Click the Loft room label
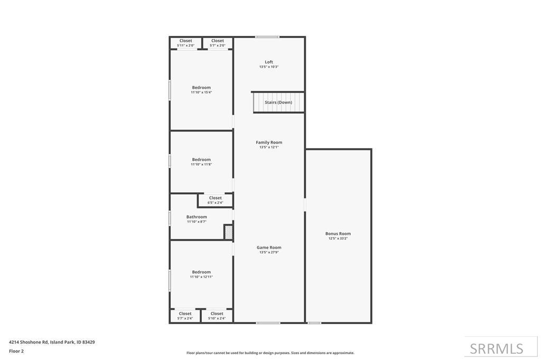tap(269, 62)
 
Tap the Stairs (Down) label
tap(278, 102)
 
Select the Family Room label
tap(269, 143)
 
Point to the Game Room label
tap(269, 248)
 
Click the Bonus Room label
tap(338, 234)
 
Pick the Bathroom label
tap(197, 217)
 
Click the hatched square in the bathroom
tap(228, 232)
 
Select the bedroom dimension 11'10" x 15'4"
tap(201, 92)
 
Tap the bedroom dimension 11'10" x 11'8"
tap(201, 165)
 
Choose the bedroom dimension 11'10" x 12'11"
tap(201, 277)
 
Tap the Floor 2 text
tap(16, 351)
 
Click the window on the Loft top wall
tap(267, 37)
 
